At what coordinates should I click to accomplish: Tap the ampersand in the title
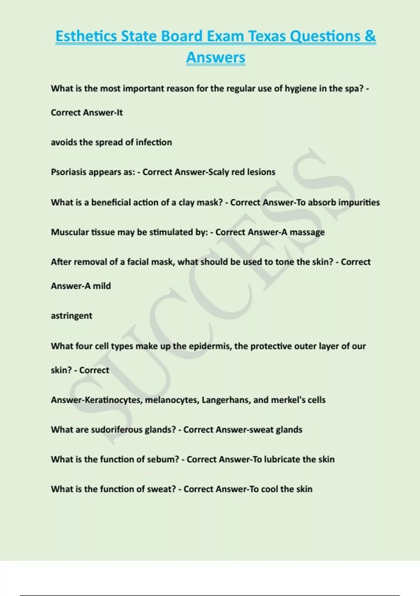point(370,36)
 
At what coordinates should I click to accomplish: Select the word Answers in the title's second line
point(216,57)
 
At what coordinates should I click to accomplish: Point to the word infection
point(154,142)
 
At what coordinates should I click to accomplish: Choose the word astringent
point(71,316)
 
